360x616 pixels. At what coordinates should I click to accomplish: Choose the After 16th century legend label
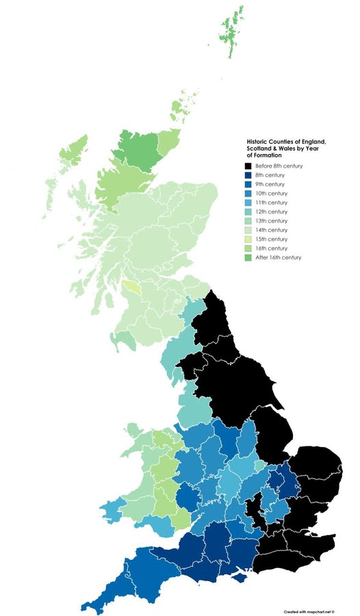tap(278, 257)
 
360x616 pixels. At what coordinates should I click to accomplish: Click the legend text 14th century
tap(272, 230)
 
